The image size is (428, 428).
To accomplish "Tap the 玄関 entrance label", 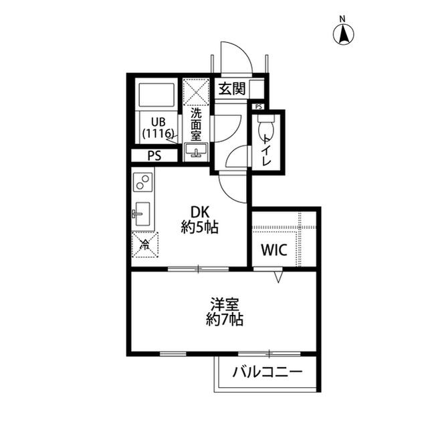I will click(x=231, y=88).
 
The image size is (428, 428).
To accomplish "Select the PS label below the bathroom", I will click(x=155, y=155).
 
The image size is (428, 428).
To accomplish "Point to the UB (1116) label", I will click(x=158, y=127).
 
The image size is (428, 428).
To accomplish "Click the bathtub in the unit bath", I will click(x=157, y=96).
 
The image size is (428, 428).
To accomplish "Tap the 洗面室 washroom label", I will click(x=196, y=124).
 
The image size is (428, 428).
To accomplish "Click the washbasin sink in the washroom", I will click(x=197, y=152).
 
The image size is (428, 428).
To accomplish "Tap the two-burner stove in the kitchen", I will click(x=142, y=182).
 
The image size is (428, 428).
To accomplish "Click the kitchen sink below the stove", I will click(x=142, y=214).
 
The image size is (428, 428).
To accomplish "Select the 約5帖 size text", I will click(x=200, y=228).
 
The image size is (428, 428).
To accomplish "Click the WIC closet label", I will click(x=274, y=251).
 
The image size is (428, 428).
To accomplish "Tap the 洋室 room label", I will click(x=224, y=303).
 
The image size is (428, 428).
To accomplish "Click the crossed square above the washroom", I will click(x=197, y=91).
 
